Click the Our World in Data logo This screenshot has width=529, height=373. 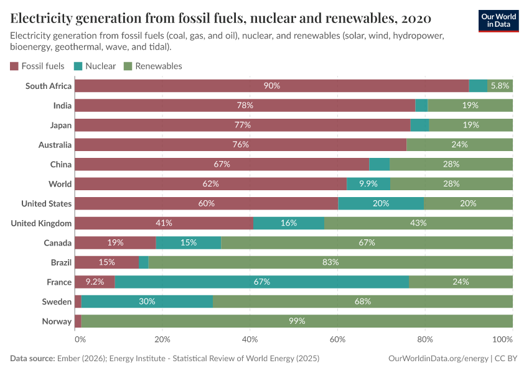click(x=498, y=20)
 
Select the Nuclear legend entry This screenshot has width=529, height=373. click(x=95, y=66)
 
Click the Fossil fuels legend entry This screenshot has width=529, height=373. click(x=37, y=66)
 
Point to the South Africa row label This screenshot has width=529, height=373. click(x=49, y=86)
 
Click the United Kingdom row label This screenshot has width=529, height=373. click(x=42, y=223)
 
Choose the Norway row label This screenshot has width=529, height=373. click(x=57, y=321)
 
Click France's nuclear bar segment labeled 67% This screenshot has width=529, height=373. click(x=261, y=282)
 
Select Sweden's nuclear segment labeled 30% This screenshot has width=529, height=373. click(x=147, y=302)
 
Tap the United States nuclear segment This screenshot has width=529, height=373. click(x=381, y=203)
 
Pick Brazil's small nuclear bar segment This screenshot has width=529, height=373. click(x=144, y=262)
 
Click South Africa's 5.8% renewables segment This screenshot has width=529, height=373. click(x=500, y=86)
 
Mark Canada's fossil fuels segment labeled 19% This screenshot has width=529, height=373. click(x=115, y=242)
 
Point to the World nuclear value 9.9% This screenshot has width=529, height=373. click(x=368, y=184)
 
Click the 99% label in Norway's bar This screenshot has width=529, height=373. click(x=297, y=321)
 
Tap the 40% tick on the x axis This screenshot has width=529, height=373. click(x=250, y=340)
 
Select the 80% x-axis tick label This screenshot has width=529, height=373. click(x=425, y=340)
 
